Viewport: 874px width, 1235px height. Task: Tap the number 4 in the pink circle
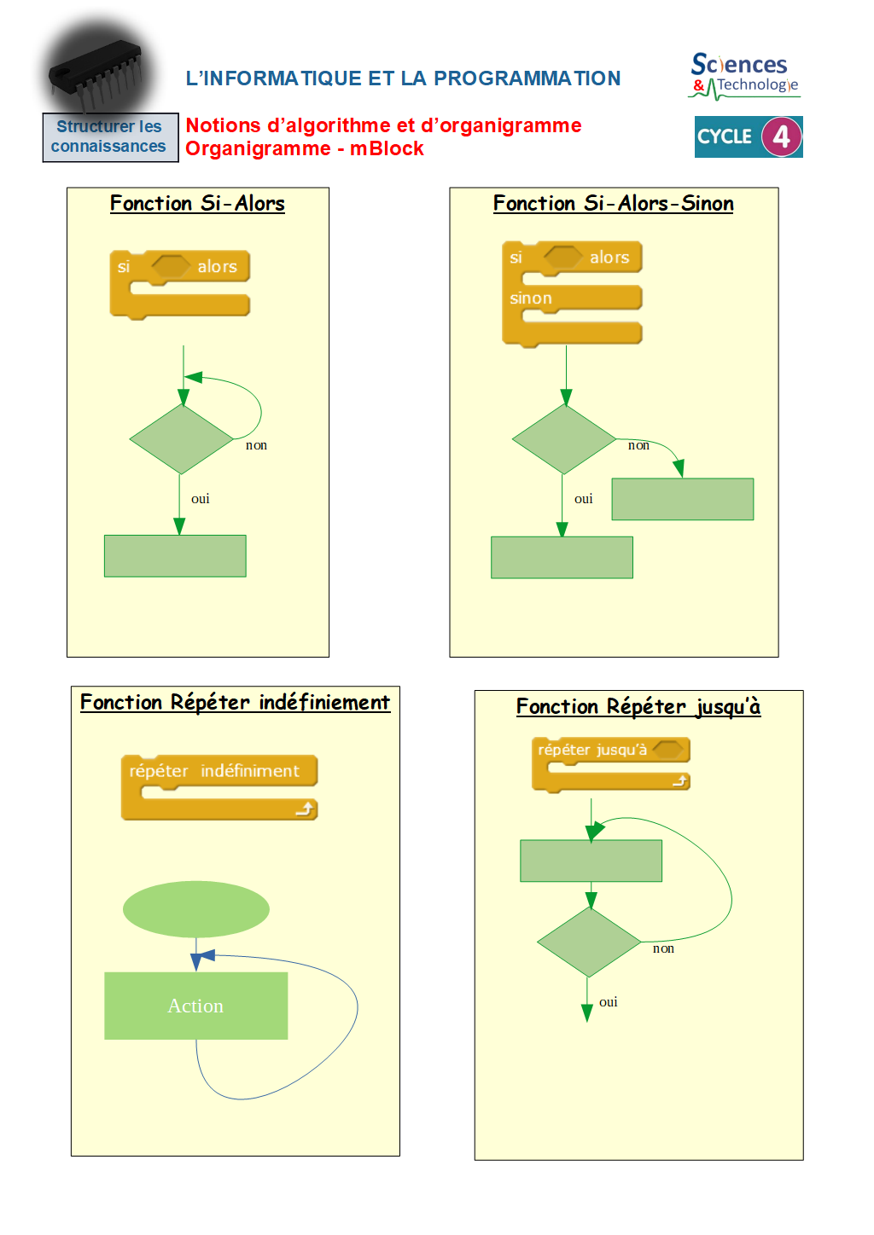coord(781,137)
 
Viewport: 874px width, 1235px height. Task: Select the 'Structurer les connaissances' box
coord(109,136)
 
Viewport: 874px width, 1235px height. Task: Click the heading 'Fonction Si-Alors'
coord(197,203)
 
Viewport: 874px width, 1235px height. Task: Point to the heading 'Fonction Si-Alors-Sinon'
coord(613,203)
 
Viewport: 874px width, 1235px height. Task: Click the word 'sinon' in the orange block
coord(531,299)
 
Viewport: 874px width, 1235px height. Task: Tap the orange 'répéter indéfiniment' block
coord(218,771)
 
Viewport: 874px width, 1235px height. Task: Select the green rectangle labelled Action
coord(195,1006)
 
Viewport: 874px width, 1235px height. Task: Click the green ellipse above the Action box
coord(196,909)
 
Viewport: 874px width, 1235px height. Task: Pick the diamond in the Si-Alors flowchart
coord(181,439)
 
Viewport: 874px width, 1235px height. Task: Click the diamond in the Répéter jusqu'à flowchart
coord(589,942)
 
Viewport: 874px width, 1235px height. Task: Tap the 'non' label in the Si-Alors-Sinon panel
coord(638,445)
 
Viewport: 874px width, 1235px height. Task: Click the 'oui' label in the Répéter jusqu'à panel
coord(608,1002)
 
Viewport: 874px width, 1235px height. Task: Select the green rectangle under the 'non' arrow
coord(682,499)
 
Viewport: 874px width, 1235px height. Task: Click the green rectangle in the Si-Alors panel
coord(175,556)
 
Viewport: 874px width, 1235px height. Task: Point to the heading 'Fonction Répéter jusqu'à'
coord(638,706)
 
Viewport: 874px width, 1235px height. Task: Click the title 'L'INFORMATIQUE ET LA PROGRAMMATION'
coord(403,78)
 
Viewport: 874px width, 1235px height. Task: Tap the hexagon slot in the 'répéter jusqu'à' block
coord(668,750)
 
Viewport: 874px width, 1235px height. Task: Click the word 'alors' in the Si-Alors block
coord(217,267)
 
